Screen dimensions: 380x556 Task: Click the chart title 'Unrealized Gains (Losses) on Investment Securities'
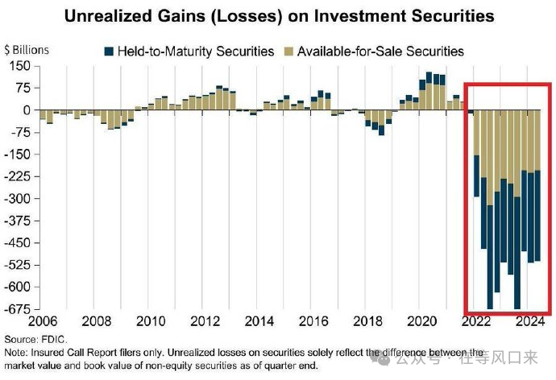(x=279, y=16)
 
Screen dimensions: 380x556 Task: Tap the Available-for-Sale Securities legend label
(x=380, y=51)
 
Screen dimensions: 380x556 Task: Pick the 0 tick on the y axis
(x=27, y=110)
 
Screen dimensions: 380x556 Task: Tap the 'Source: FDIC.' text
(x=35, y=339)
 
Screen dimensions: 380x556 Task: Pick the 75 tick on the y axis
(x=22, y=89)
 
